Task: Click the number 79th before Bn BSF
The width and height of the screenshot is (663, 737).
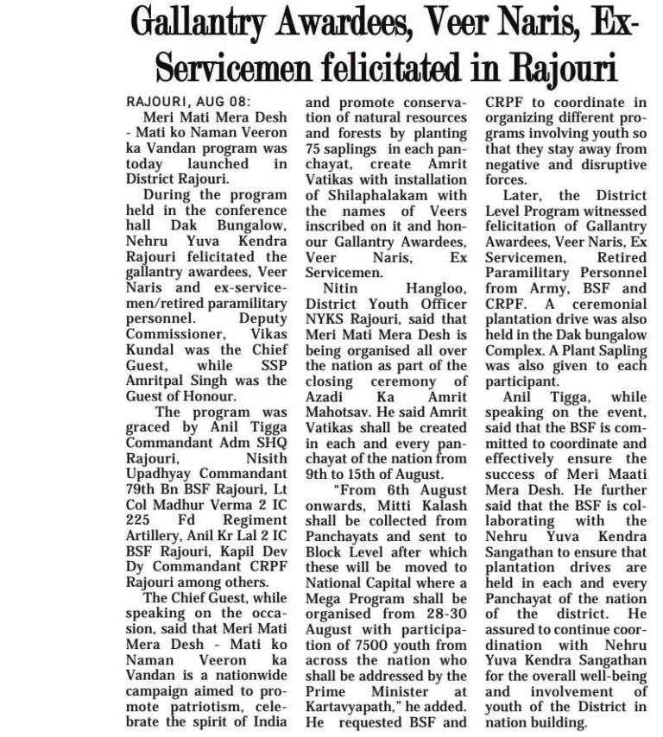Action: pyautogui.click(x=142, y=490)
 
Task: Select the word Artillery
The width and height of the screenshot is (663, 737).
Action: pyautogui.click(x=157, y=536)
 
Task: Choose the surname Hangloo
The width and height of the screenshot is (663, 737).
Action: pyautogui.click(x=437, y=288)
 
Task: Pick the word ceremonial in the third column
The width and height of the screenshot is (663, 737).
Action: pyautogui.click(x=604, y=304)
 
